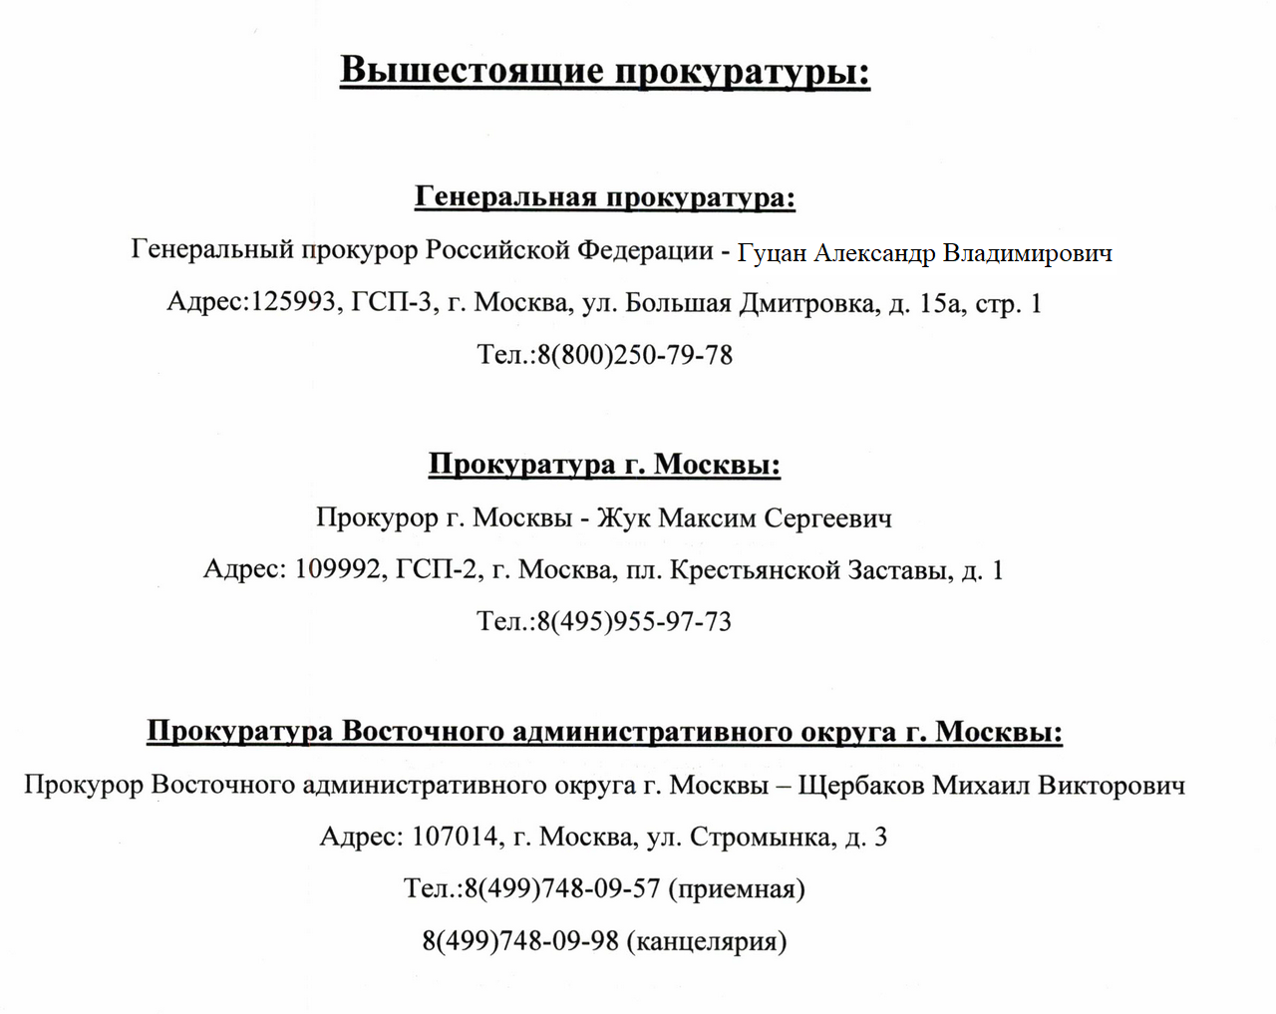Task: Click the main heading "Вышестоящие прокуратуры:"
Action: [604, 72]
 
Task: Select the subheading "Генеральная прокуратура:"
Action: [604, 197]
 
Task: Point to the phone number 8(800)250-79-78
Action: [635, 355]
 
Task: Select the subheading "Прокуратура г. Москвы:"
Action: [604, 465]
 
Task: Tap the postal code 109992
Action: [338, 569]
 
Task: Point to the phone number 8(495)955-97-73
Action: [634, 622]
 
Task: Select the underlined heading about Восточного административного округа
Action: [604, 732]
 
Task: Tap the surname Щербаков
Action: [861, 785]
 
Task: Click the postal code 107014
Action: [455, 837]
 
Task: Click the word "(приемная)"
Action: [737, 888]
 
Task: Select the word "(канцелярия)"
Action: [707, 941]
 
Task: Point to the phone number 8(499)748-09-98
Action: [520, 941]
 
